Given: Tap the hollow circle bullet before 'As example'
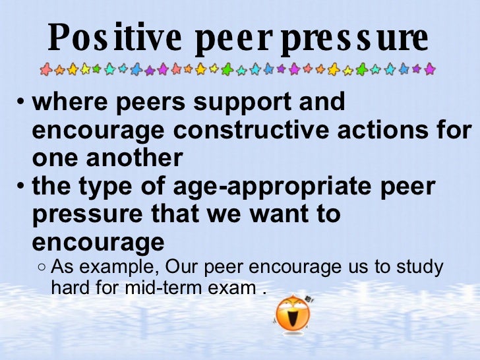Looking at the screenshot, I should click(x=42, y=268).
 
